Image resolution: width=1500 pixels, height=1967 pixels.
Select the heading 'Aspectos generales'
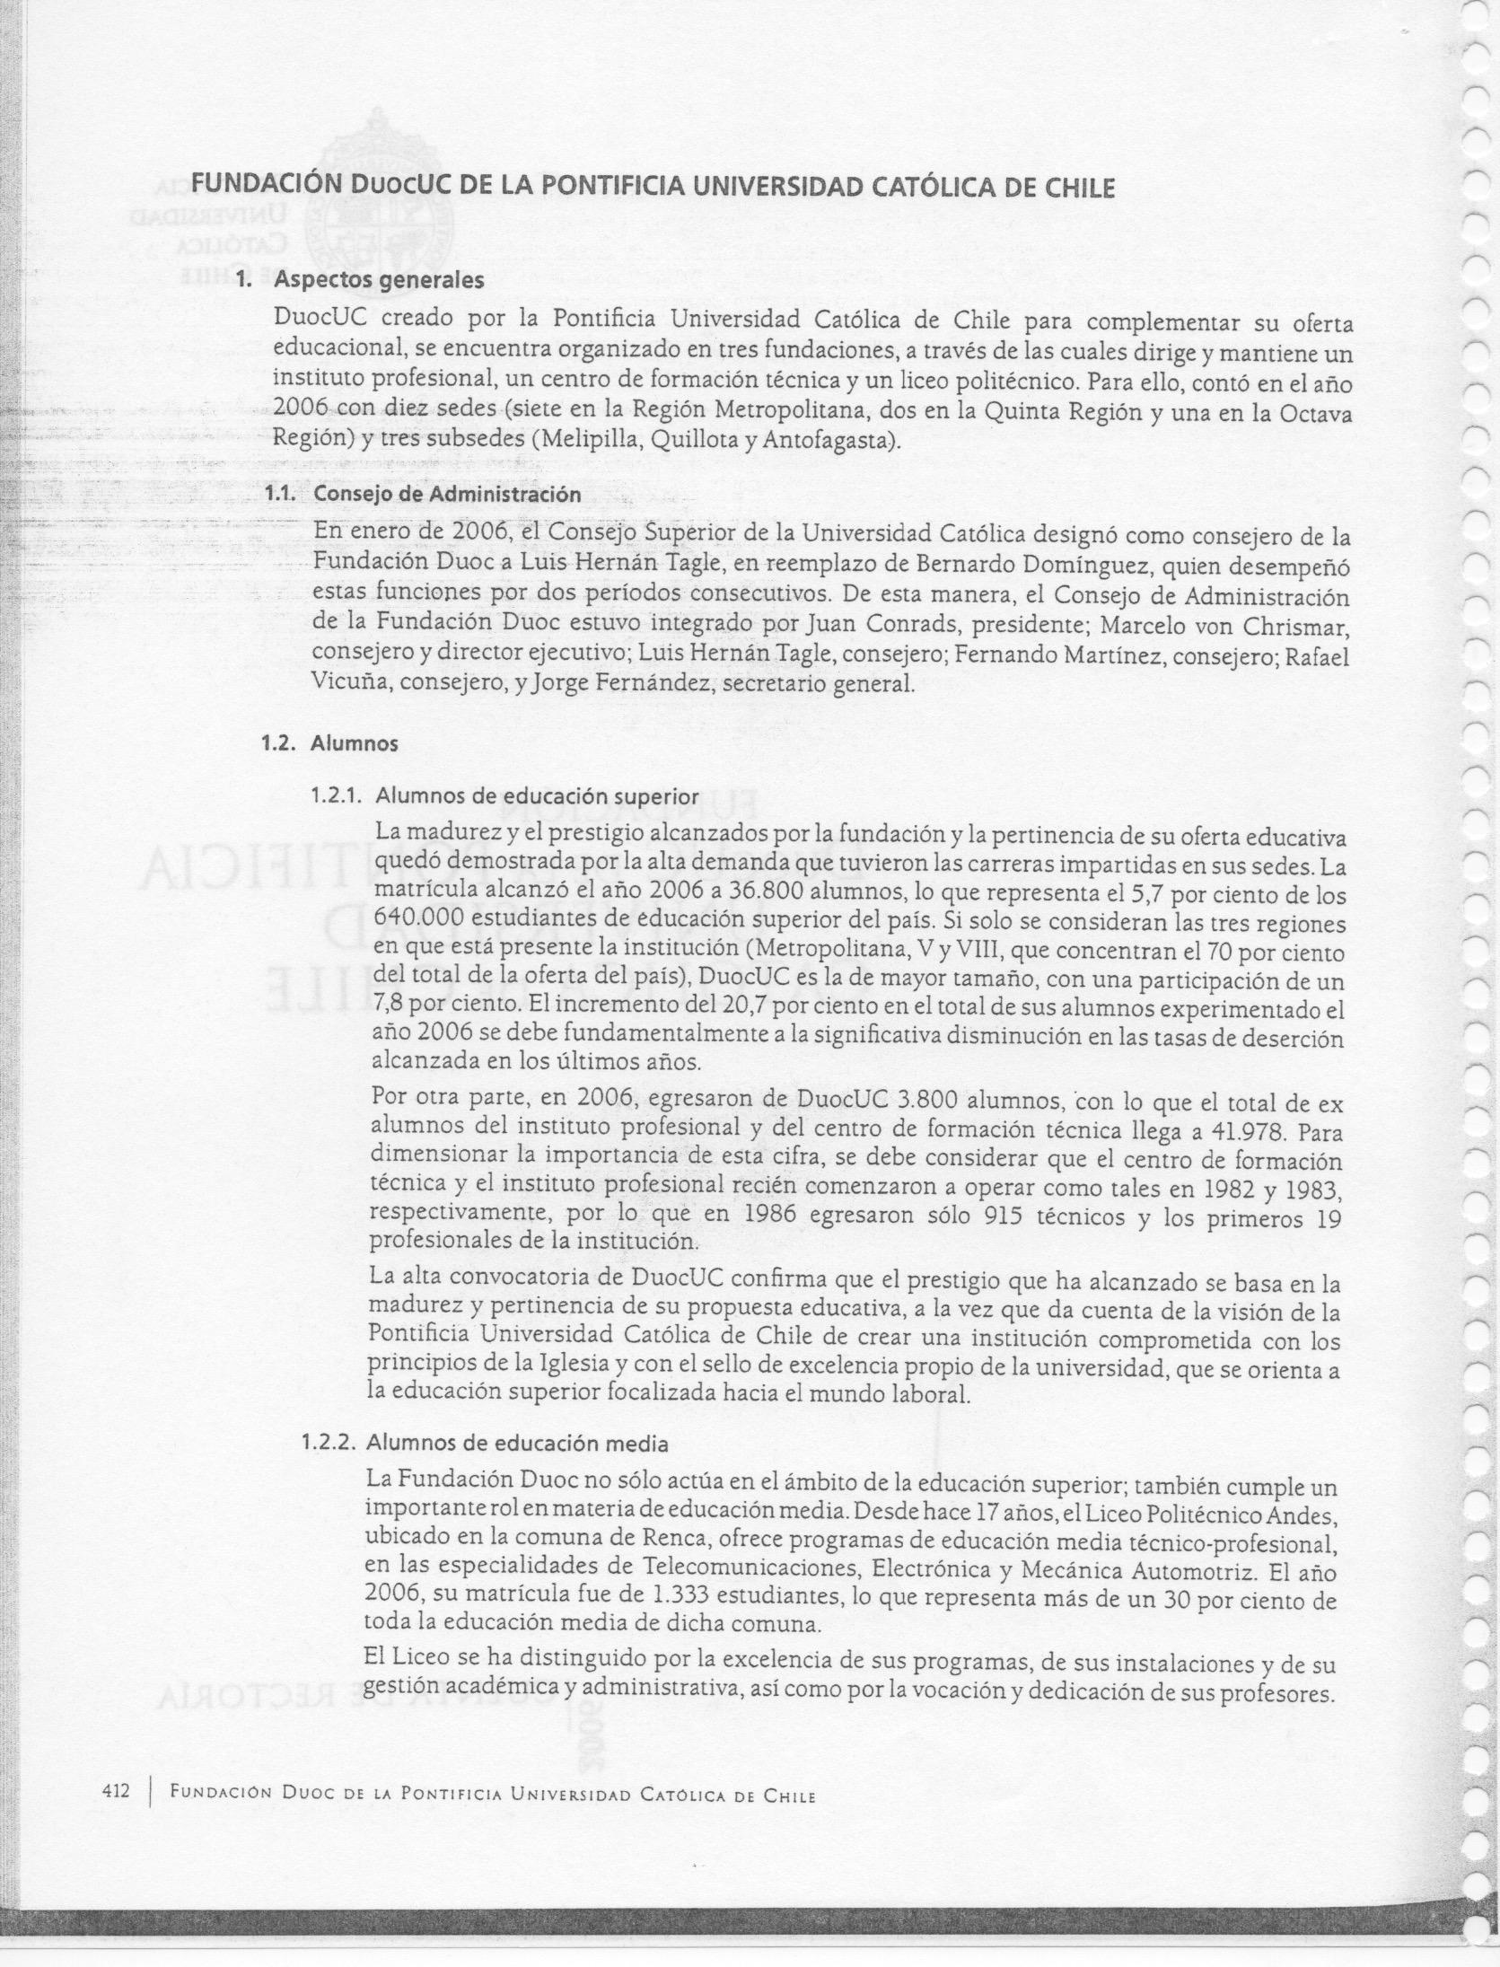click(379, 280)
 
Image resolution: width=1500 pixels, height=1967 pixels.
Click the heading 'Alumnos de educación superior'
click(536, 796)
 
